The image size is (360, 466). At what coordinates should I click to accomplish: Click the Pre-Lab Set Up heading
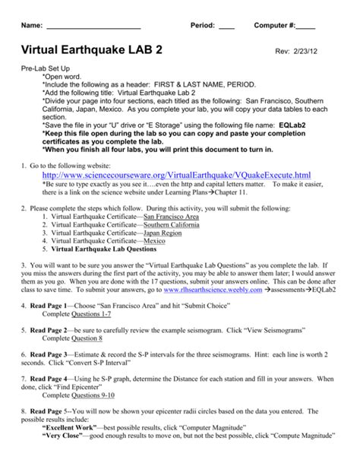tap(48, 68)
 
